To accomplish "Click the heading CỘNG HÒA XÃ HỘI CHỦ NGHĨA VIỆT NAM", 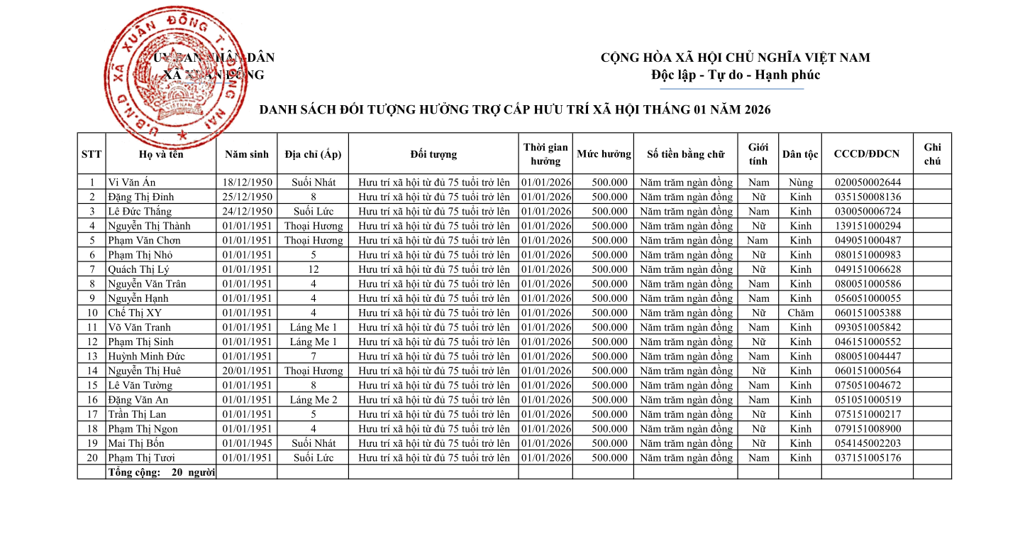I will point(735,58).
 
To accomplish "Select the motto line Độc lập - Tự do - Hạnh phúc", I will point(735,75).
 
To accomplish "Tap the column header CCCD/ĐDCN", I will point(866,154).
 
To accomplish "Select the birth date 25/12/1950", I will point(247,197).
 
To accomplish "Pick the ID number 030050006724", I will point(867,212).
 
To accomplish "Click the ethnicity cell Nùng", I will point(800,183).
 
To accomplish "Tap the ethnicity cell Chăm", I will point(800,313).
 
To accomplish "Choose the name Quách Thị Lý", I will point(138,269).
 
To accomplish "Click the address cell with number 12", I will point(313,269).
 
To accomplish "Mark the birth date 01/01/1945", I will point(247,443).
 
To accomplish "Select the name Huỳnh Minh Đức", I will point(146,357).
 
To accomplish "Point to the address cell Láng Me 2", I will point(313,400).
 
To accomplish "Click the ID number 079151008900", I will point(867,429).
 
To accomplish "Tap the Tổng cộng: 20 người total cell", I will point(162,472).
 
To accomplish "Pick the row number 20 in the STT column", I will point(92,458).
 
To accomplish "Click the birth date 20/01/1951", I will point(247,371).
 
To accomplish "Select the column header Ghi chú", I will point(932,154).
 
